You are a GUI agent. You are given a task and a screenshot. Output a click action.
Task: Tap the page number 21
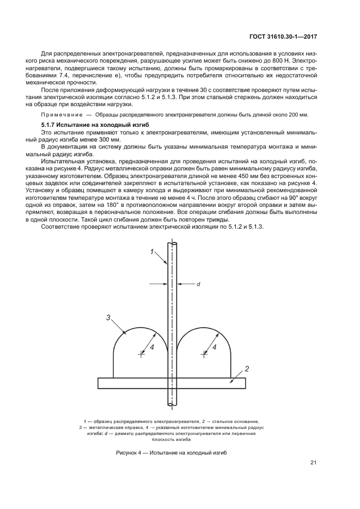(314, 463)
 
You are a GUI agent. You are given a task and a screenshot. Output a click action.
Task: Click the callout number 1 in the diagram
(152, 251)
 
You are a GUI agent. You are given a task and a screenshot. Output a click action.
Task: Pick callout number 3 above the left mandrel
(109, 317)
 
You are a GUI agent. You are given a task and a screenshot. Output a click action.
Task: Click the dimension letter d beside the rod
(198, 284)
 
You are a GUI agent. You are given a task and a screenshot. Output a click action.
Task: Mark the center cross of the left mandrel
(142, 354)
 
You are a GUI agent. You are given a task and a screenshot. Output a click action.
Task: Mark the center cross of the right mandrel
(204, 354)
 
